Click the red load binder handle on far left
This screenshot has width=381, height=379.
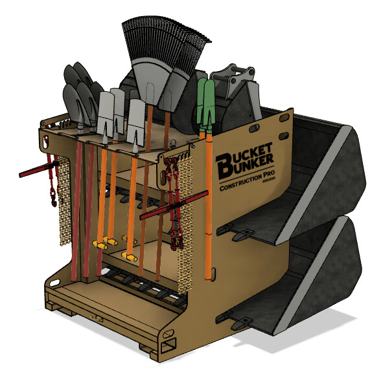click(32, 172)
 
